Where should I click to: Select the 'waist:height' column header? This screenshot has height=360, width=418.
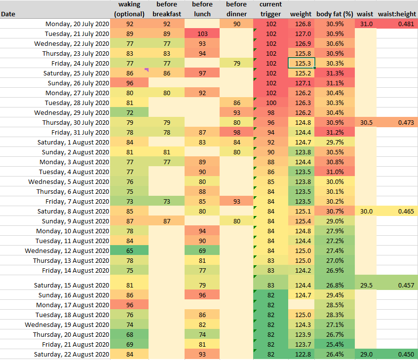point(397,14)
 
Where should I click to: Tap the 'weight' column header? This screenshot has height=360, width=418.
point(301,14)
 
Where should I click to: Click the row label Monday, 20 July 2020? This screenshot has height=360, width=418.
point(77,24)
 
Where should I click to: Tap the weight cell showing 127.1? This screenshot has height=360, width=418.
point(301,83)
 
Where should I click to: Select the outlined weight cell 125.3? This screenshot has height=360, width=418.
point(301,63)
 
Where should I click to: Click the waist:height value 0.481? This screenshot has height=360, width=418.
point(397,24)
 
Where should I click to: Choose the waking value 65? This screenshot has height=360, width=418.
point(130,251)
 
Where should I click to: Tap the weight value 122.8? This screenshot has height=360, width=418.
point(301,354)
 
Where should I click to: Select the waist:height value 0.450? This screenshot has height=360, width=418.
point(397,354)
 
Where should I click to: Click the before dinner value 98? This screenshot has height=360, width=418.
point(236,132)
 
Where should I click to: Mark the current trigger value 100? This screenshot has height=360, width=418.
point(271,103)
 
